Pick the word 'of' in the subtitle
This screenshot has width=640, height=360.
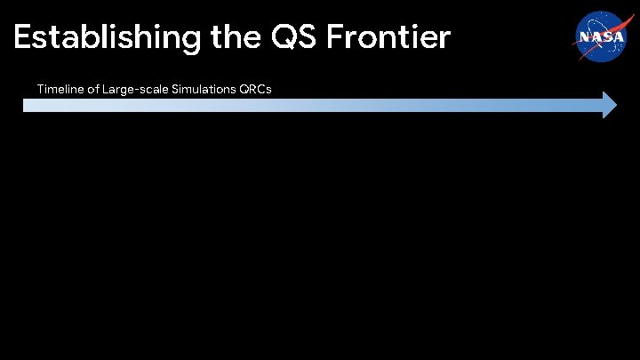pyautogui.click(x=93, y=89)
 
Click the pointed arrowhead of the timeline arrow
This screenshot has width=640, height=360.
pyautogui.click(x=609, y=105)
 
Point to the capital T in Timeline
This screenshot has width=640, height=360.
pyautogui.click(x=40, y=89)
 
